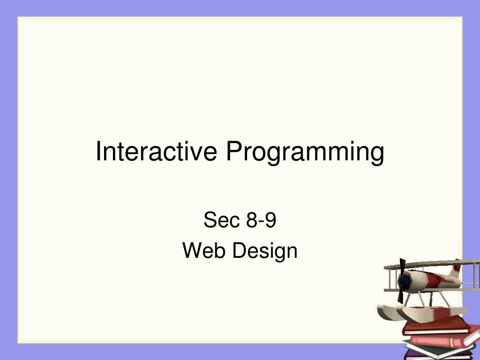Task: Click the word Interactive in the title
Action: coord(157,151)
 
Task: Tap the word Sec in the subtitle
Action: coord(221,220)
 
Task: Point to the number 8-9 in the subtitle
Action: coord(261,220)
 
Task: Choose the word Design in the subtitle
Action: coord(265,252)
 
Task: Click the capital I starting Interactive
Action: coord(98,151)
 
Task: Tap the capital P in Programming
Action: coord(234,151)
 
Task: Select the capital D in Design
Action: coord(240,250)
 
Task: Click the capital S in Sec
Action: coord(210,220)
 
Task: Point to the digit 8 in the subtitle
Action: coord(252,220)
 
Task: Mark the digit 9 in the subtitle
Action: coord(270,220)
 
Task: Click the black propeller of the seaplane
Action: coord(402,281)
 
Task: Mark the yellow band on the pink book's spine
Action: coord(451,343)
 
